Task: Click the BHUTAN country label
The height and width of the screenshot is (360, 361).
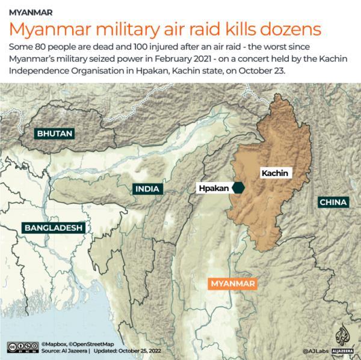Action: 54,133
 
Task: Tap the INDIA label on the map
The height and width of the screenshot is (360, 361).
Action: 147,189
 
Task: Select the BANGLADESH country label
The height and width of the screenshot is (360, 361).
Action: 53,228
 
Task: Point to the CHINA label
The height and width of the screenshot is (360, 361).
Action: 333,202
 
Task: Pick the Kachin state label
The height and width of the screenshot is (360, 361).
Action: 275,173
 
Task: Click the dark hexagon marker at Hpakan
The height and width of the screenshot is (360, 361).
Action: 239,188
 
